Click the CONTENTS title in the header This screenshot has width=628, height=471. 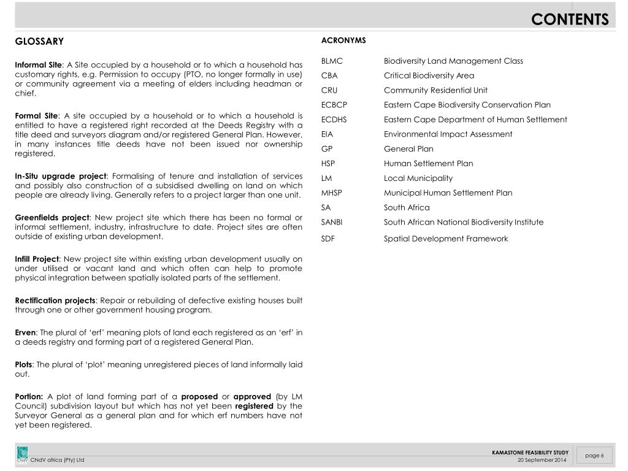coord(570,20)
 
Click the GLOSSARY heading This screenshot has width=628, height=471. coord(39,42)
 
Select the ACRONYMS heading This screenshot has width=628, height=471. coord(343,40)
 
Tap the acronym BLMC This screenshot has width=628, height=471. coord(332,61)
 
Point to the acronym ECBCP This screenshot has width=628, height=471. coord(334,105)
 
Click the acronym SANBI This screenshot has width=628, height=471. coord(332,222)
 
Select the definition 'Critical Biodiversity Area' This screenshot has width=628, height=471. coord(429,75)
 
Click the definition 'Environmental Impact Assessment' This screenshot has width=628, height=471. coord(448,134)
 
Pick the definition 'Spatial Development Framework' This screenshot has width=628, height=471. coord(446,239)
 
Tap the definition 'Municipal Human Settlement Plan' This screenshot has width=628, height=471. coord(448,193)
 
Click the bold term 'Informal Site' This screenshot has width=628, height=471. coord(39,64)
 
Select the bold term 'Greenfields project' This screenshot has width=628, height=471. coord(52,217)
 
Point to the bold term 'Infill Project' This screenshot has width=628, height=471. coord(37,259)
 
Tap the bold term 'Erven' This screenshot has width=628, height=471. coord(25,332)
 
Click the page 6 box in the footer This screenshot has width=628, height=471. coord(594,455)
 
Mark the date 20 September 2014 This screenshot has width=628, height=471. coord(542,460)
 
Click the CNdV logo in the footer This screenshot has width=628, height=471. coord(22,454)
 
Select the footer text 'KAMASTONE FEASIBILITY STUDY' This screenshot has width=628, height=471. coord(530,453)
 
